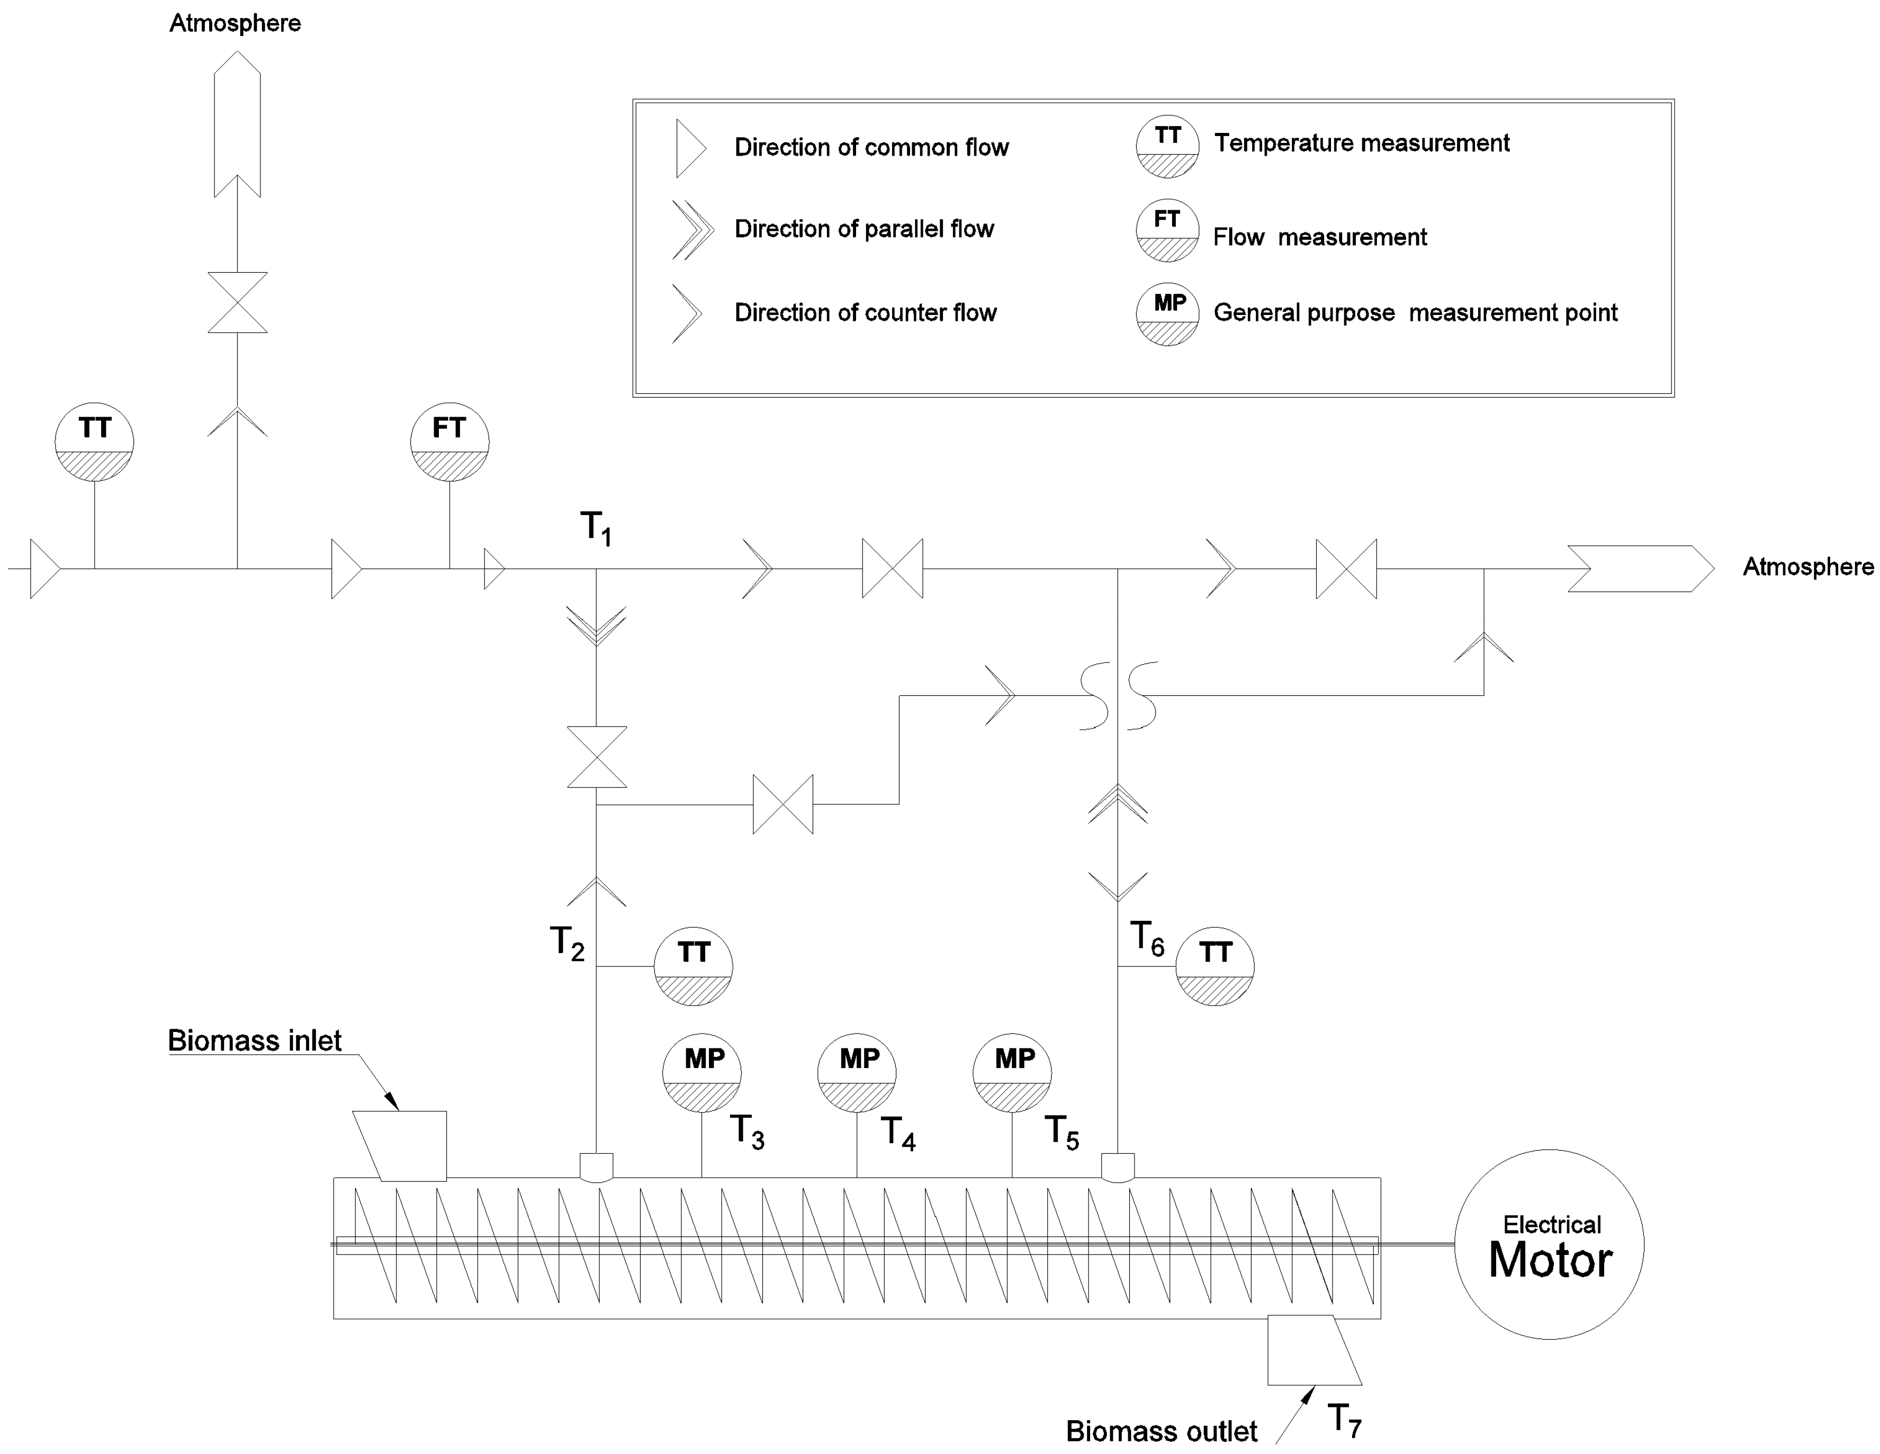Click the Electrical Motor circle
pyautogui.click(x=1549, y=1244)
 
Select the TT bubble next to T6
pyautogui.click(x=1215, y=966)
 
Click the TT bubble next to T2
pyautogui.click(x=693, y=966)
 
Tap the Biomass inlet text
pyautogui.click(x=255, y=1041)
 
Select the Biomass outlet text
pyautogui.click(x=1161, y=1431)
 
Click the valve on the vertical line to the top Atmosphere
pyautogui.click(x=238, y=303)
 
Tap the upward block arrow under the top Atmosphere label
pyautogui.click(x=238, y=123)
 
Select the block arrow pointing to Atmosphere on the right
pyautogui.click(x=1640, y=568)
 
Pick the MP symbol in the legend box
pyautogui.click(x=1167, y=314)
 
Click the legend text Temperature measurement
pyautogui.click(x=1361, y=143)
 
